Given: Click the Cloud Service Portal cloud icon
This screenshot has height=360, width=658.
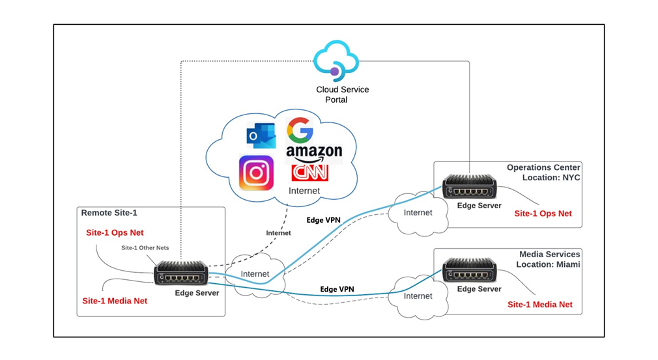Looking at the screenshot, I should pyautogui.click(x=336, y=61).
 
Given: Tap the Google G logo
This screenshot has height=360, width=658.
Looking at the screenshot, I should pyautogui.click(x=300, y=130).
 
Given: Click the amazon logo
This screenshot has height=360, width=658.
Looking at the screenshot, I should pyautogui.click(x=314, y=152).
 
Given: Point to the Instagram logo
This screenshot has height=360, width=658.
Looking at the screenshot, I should pyautogui.click(x=255, y=173).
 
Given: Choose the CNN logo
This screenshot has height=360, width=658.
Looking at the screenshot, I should pyautogui.click(x=310, y=173).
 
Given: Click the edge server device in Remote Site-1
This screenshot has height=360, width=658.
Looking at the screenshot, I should pyautogui.click(x=181, y=273).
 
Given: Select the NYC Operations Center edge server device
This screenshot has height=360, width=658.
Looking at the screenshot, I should pyautogui.click(x=469, y=187).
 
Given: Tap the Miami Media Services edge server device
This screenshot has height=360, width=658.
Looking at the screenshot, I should pyautogui.click(x=469, y=270).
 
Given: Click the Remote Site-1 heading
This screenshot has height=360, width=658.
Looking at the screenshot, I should pyautogui.click(x=109, y=213).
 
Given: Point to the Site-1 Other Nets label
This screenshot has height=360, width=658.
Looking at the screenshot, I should pyautogui.click(x=144, y=247).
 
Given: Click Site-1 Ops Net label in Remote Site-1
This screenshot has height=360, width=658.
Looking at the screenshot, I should pyautogui.click(x=115, y=232).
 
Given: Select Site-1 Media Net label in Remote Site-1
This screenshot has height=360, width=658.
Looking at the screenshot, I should pyautogui.click(x=115, y=301).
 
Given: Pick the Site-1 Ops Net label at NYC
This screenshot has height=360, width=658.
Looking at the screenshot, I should pyautogui.click(x=543, y=214).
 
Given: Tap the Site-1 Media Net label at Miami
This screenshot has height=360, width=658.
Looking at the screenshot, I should pyautogui.click(x=540, y=304).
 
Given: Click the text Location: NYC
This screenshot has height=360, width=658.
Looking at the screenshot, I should pyautogui.click(x=551, y=178).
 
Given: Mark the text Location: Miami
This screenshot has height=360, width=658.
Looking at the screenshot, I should pyautogui.click(x=548, y=264).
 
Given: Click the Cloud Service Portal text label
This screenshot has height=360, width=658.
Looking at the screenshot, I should pyautogui.click(x=341, y=94).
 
